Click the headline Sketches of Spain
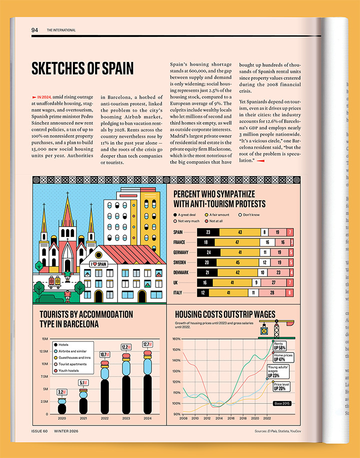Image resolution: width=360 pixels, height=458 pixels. point(82,68)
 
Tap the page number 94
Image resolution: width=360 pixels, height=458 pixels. point(34,30)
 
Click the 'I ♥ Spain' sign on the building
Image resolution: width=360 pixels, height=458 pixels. point(98,263)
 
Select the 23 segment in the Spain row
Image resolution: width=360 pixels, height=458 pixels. point(208,232)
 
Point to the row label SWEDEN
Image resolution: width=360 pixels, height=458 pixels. point(181,262)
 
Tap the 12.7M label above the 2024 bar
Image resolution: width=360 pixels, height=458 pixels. point(147,344)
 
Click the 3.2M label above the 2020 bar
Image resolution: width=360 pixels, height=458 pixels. point(61,392)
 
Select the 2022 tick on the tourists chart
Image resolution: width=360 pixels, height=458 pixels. point(104,418)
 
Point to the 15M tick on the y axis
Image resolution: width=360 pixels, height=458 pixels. point(44,339)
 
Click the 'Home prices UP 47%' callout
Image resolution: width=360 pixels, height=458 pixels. point(283,357)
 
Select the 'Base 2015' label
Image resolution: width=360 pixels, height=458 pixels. point(282,403)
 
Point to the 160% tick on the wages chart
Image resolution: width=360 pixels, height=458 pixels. point(176,338)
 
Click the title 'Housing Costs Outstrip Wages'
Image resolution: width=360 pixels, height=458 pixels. point(225,314)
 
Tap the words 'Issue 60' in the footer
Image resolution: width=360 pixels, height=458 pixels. point(39,431)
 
